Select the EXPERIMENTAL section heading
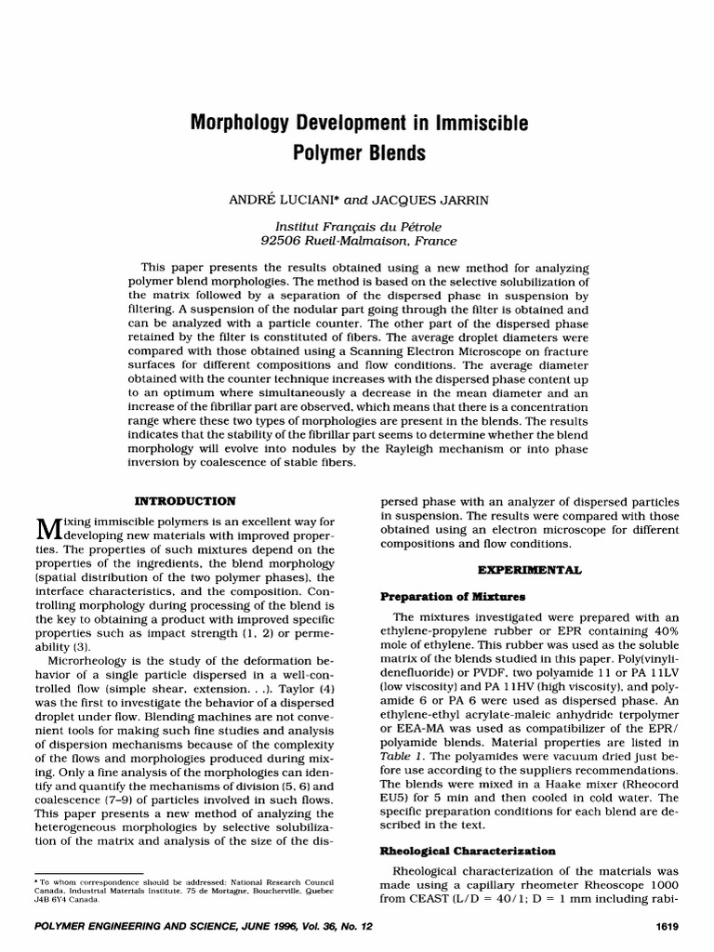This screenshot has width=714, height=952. pos(529,568)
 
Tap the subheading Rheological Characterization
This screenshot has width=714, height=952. pos(469,851)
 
